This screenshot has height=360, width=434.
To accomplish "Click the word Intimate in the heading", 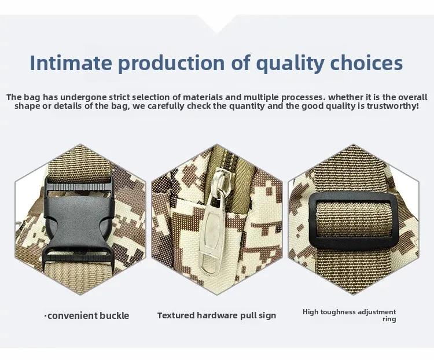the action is (x=71, y=63).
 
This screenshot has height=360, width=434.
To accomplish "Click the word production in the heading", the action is (x=172, y=64).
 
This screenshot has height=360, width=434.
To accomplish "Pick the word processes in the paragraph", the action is (x=302, y=97).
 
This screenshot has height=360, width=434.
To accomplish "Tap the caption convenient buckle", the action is (x=87, y=315).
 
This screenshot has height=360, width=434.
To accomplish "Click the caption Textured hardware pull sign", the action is (x=217, y=315).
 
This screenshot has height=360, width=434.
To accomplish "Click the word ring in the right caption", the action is (x=389, y=319).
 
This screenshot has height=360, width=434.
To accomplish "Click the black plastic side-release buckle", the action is (x=79, y=219).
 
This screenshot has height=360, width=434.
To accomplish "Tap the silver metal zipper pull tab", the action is (x=211, y=236).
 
